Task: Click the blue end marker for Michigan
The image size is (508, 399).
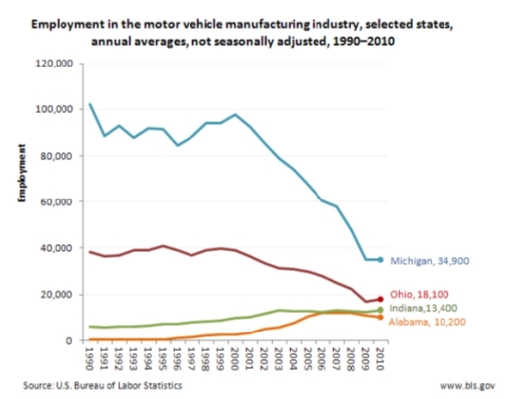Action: pos(380,260)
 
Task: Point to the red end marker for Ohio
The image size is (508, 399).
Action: pos(380,298)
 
